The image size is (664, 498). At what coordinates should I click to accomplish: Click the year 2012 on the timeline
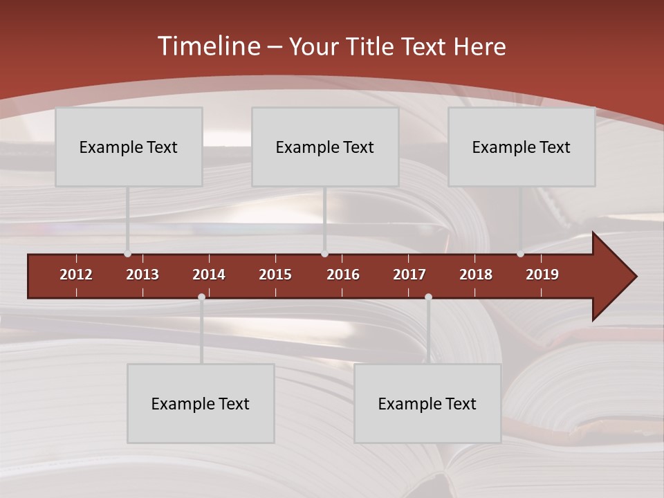pyautogui.click(x=76, y=275)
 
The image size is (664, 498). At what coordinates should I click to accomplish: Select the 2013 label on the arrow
pyautogui.click(x=142, y=275)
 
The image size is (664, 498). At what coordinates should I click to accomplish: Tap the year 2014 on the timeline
pyautogui.click(x=209, y=275)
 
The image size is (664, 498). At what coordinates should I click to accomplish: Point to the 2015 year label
pyautogui.click(x=275, y=275)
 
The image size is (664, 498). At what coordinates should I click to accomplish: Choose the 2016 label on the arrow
pyautogui.click(x=343, y=275)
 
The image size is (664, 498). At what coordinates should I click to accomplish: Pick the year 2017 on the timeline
pyautogui.click(x=409, y=275)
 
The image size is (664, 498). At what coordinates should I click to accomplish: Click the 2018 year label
pyautogui.click(x=476, y=275)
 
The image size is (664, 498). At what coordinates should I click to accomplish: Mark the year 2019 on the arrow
pyautogui.click(x=542, y=275)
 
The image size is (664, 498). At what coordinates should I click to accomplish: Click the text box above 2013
pyautogui.click(x=129, y=147)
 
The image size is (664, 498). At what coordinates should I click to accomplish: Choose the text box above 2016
pyautogui.click(x=325, y=147)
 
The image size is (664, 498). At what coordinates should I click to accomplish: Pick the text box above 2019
pyautogui.click(x=522, y=147)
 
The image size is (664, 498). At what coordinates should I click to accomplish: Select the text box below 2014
pyautogui.click(x=201, y=403)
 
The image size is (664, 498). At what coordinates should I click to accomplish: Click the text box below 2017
pyautogui.click(x=427, y=403)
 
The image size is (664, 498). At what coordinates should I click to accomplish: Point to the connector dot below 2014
pyautogui.click(x=201, y=297)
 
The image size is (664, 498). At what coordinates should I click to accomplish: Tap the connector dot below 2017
pyautogui.click(x=428, y=297)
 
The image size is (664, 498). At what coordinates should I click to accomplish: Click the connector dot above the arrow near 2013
pyautogui.click(x=127, y=254)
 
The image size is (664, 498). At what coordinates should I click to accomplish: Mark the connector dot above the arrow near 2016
pyautogui.click(x=324, y=254)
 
